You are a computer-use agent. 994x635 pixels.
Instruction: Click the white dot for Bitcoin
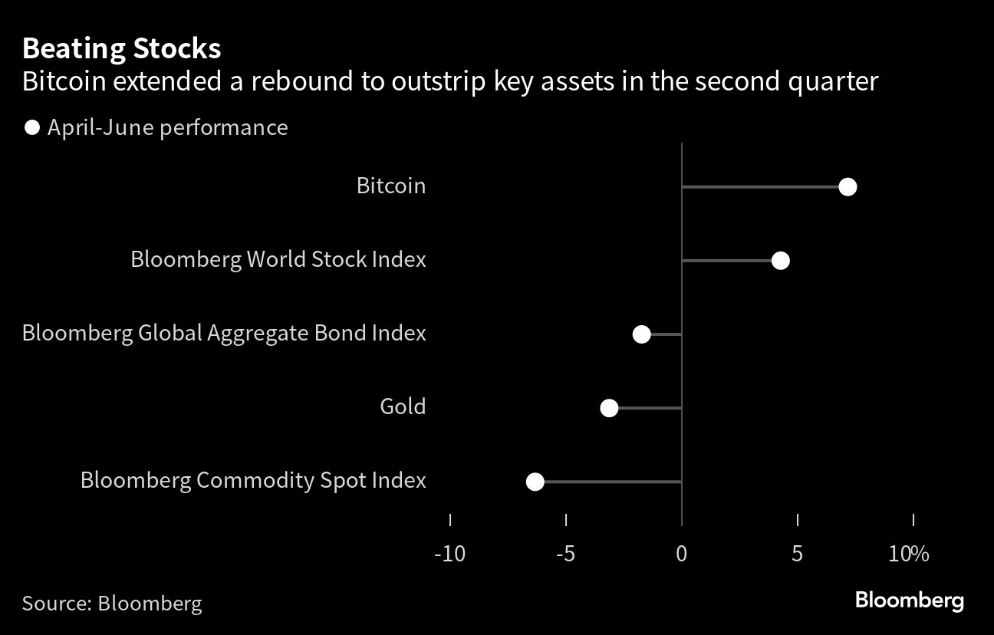click(x=848, y=187)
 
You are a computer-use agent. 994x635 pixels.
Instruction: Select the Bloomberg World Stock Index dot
click(x=781, y=261)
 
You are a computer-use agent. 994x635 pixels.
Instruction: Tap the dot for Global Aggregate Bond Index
click(x=641, y=334)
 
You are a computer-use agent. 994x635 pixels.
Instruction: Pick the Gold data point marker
click(x=609, y=408)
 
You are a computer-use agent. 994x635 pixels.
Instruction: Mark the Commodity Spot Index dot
click(x=535, y=482)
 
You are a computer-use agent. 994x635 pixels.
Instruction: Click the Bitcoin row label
click(x=391, y=186)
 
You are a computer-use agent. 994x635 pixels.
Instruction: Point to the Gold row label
click(x=403, y=406)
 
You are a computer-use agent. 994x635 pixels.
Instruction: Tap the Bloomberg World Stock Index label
click(x=278, y=259)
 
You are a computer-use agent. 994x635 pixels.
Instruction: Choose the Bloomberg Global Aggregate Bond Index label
click(x=224, y=334)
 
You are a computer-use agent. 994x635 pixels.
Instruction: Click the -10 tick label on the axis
click(x=449, y=554)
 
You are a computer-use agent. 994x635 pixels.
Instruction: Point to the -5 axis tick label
click(x=565, y=554)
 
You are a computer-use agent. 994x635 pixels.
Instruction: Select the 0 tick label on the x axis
click(x=682, y=554)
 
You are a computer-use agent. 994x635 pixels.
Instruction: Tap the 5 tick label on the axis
click(x=798, y=554)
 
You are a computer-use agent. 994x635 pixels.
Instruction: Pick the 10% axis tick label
click(x=908, y=554)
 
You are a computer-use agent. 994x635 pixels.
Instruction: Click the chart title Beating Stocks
click(x=122, y=48)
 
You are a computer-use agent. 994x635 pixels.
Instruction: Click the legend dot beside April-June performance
click(x=32, y=128)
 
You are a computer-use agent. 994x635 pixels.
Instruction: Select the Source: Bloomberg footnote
click(x=112, y=604)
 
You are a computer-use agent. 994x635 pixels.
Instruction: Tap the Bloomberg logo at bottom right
click(x=910, y=600)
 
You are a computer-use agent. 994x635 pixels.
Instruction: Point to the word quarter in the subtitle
click(x=833, y=81)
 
